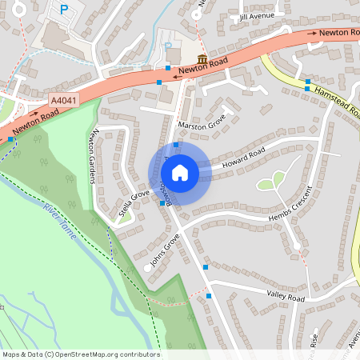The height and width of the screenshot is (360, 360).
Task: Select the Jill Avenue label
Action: [256, 16]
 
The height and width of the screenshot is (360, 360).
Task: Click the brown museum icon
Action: [202, 60]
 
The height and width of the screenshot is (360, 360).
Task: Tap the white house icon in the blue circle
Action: [180, 172]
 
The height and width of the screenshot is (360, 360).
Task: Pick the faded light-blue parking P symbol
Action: [168, 46]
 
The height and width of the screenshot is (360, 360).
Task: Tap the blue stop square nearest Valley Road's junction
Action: [209, 296]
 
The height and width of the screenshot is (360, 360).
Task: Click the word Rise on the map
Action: [314, 341]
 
